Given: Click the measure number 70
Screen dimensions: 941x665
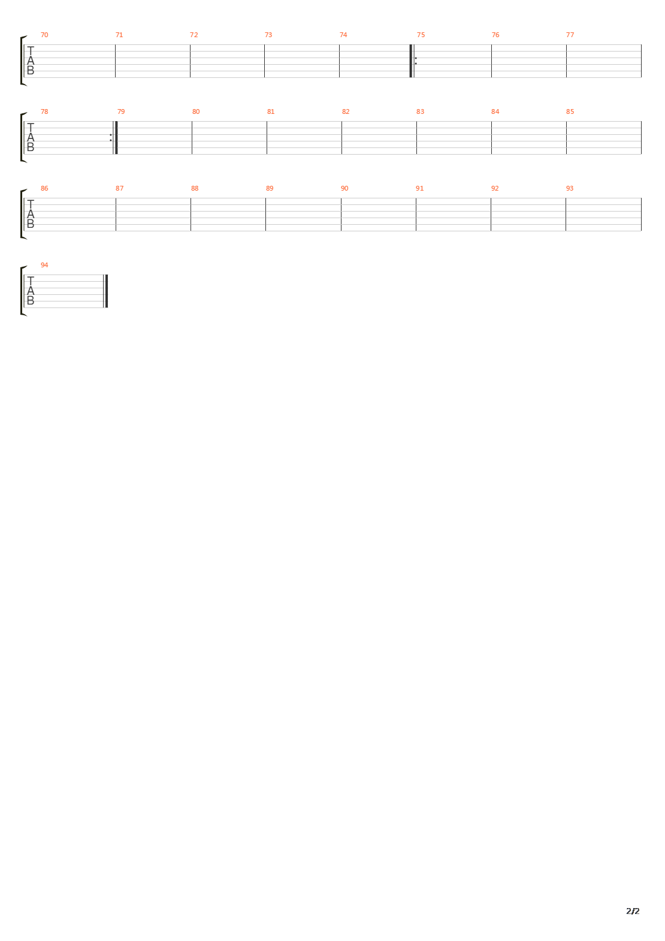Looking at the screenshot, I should [x=44, y=35].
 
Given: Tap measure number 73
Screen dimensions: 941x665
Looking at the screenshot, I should [x=268, y=35].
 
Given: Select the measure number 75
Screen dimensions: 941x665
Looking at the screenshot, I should [x=421, y=35].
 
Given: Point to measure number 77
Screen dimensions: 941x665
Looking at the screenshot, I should [x=570, y=35].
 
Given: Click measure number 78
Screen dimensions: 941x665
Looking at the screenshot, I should [x=44, y=111].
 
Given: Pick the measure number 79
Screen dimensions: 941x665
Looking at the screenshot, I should [x=121, y=111].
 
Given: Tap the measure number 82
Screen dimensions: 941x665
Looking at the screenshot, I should [x=346, y=111].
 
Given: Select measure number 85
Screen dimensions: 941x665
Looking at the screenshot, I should [x=570, y=111].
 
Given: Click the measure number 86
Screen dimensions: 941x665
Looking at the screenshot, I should [x=44, y=188].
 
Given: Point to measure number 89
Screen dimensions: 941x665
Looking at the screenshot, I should [x=270, y=188].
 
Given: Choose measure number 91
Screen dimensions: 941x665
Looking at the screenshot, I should [x=419, y=188].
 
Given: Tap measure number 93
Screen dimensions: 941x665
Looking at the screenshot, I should [x=570, y=188].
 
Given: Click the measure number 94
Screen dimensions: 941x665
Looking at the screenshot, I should [x=44, y=265].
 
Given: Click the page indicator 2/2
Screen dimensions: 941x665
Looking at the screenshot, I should [x=633, y=911].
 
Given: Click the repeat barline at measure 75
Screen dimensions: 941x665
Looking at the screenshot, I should [x=412, y=61].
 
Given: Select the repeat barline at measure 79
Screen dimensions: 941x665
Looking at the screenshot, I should [x=115, y=138].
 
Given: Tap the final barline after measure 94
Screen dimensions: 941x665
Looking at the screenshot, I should [x=106, y=291].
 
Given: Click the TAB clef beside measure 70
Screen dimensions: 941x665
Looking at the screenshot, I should [x=31, y=61].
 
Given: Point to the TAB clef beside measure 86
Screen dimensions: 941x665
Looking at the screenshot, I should [x=31, y=215].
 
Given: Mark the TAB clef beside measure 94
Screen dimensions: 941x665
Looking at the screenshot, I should [x=31, y=291].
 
